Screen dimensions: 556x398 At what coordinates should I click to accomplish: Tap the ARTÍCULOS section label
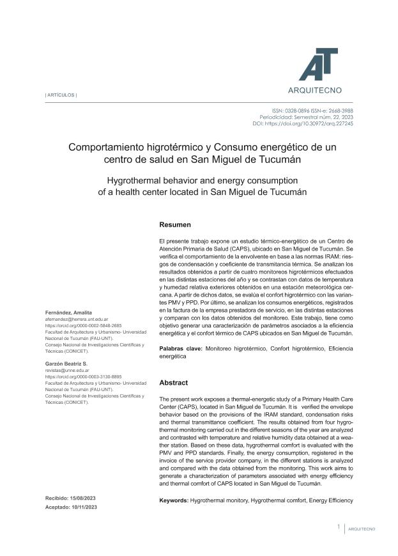61,95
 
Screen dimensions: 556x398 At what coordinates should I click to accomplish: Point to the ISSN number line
312,111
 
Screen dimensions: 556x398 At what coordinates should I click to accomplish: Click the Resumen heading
174,225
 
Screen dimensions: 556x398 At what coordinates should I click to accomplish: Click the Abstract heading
173,382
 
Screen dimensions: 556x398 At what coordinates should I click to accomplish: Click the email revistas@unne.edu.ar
66,369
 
